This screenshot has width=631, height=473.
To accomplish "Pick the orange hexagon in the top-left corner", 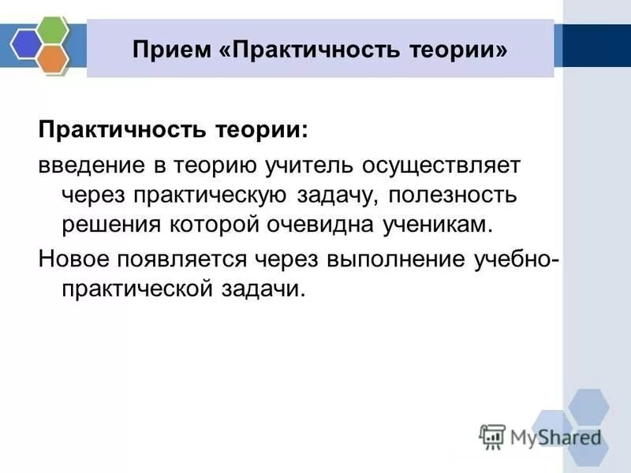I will coord(52,58).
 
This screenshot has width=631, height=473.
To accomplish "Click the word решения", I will coord(111,223).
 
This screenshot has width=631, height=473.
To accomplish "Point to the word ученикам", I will coord(439,223).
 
